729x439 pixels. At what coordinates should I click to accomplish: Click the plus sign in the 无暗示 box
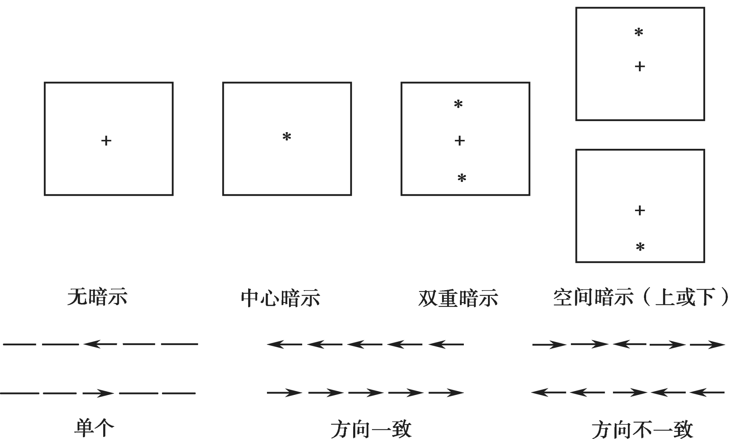click(106, 141)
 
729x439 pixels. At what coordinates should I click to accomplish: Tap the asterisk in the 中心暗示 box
click(287, 137)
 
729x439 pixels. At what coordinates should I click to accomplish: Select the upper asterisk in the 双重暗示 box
click(458, 104)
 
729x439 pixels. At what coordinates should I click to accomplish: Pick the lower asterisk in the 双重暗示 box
click(462, 178)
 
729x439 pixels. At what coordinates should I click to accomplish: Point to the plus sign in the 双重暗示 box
click(460, 141)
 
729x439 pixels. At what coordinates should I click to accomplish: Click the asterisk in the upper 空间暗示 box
click(639, 33)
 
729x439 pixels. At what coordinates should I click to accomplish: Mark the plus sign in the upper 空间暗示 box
click(640, 67)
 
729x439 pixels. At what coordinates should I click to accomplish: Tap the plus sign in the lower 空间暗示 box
click(640, 211)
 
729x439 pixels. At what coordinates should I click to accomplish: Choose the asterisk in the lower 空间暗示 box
click(640, 247)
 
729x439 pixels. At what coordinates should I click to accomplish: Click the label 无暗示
click(97, 297)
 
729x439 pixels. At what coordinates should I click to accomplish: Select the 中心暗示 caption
click(280, 298)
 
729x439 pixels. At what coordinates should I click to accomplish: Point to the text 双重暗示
click(458, 298)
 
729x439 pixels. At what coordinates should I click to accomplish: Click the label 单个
click(94, 428)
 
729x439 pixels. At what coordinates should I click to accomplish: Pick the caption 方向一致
click(371, 429)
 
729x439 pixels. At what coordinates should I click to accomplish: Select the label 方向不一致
click(642, 430)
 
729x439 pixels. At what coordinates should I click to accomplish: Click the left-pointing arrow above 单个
click(100, 344)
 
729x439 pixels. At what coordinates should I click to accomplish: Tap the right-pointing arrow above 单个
click(98, 393)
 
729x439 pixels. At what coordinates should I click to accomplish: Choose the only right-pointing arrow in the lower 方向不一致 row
click(629, 393)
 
